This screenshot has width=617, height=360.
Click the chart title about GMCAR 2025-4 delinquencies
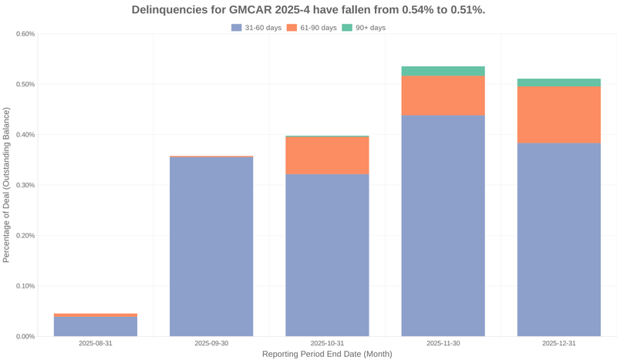(x=308, y=10)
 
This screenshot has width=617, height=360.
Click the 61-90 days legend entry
(x=312, y=28)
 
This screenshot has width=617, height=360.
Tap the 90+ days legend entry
(x=363, y=28)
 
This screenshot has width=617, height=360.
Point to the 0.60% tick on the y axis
(x=25, y=34)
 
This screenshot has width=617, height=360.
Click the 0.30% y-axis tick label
(x=25, y=185)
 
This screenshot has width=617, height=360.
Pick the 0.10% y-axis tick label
(x=25, y=286)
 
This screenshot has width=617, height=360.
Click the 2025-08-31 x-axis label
(x=96, y=343)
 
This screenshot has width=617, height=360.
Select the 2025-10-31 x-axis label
(x=327, y=343)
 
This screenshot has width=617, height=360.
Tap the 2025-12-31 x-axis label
(x=558, y=343)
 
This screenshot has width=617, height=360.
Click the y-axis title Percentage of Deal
(x=7, y=185)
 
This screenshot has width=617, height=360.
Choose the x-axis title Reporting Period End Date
(x=327, y=355)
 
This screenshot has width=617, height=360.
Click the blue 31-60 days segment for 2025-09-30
(x=211, y=247)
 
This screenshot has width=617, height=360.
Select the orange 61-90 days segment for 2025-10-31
(x=327, y=155)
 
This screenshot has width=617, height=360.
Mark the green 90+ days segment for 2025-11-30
(x=443, y=71)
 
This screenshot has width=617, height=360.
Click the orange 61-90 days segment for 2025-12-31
(x=558, y=114)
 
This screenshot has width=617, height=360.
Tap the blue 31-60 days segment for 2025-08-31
(x=96, y=327)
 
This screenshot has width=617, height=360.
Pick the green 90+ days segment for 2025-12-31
(x=558, y=82)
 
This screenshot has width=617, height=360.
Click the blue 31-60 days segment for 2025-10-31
(x=327, y=254)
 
